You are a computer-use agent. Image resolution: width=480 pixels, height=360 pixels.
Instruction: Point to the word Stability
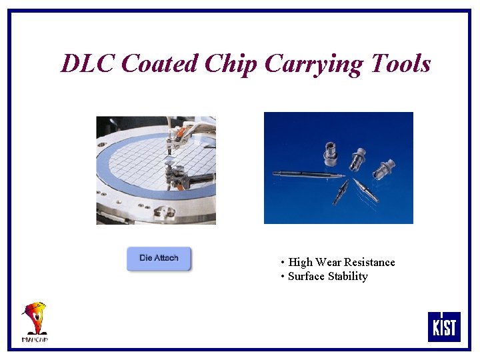(x=347, y=277)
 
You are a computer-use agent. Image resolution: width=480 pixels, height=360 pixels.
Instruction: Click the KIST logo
(x=444, y=326)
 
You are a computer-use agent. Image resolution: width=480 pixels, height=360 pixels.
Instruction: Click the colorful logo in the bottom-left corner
(x=35, y=321)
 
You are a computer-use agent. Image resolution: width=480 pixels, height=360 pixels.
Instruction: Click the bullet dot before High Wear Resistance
(x=283, y=263)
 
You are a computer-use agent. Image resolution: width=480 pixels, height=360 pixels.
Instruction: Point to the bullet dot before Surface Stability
(x=283, y=277)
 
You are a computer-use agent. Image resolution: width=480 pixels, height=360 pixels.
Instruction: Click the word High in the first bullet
(x=300, y=263)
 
